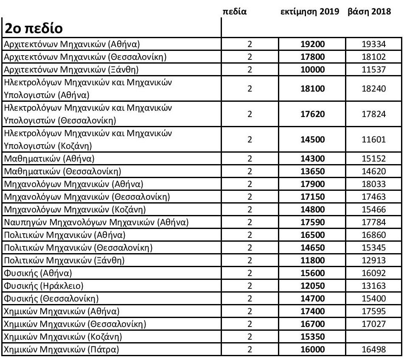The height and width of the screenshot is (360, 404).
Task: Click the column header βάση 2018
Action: [x=369, y=12]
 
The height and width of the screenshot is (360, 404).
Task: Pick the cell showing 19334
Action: [x=373, y=44]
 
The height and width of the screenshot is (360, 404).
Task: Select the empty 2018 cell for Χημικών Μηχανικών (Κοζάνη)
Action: [x=373, y=338]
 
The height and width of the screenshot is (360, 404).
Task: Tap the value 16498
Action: [x=373, y=350]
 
